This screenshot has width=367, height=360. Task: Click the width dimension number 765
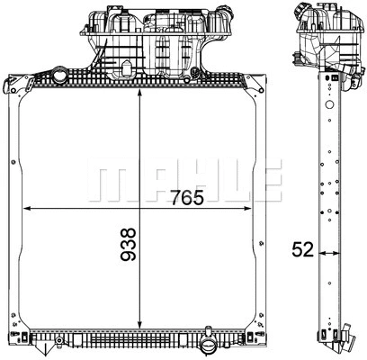click(180, 196)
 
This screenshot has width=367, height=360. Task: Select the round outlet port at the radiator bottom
click(209, 344)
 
